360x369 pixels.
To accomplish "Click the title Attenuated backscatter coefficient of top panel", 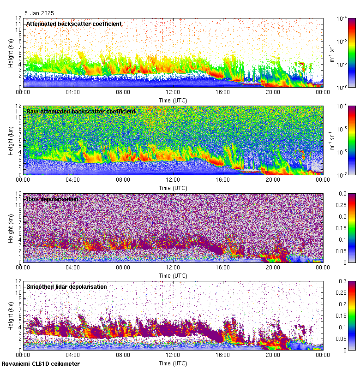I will (74, 24).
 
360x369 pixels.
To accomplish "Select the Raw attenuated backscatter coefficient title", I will (81, 112).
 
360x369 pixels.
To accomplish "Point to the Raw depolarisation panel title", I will (52, 199).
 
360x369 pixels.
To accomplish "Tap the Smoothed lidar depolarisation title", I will (66, 287).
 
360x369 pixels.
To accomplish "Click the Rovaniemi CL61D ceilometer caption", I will (40, 364).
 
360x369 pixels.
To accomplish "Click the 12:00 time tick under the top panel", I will (173, 92).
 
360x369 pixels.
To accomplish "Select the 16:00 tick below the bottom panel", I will (223, 355).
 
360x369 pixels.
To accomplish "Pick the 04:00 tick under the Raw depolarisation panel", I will (73, 267).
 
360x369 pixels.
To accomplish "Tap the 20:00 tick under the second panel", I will (273, 179).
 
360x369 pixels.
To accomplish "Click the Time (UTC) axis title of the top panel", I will (173, 100).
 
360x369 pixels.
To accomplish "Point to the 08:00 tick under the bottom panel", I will (123, 355).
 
